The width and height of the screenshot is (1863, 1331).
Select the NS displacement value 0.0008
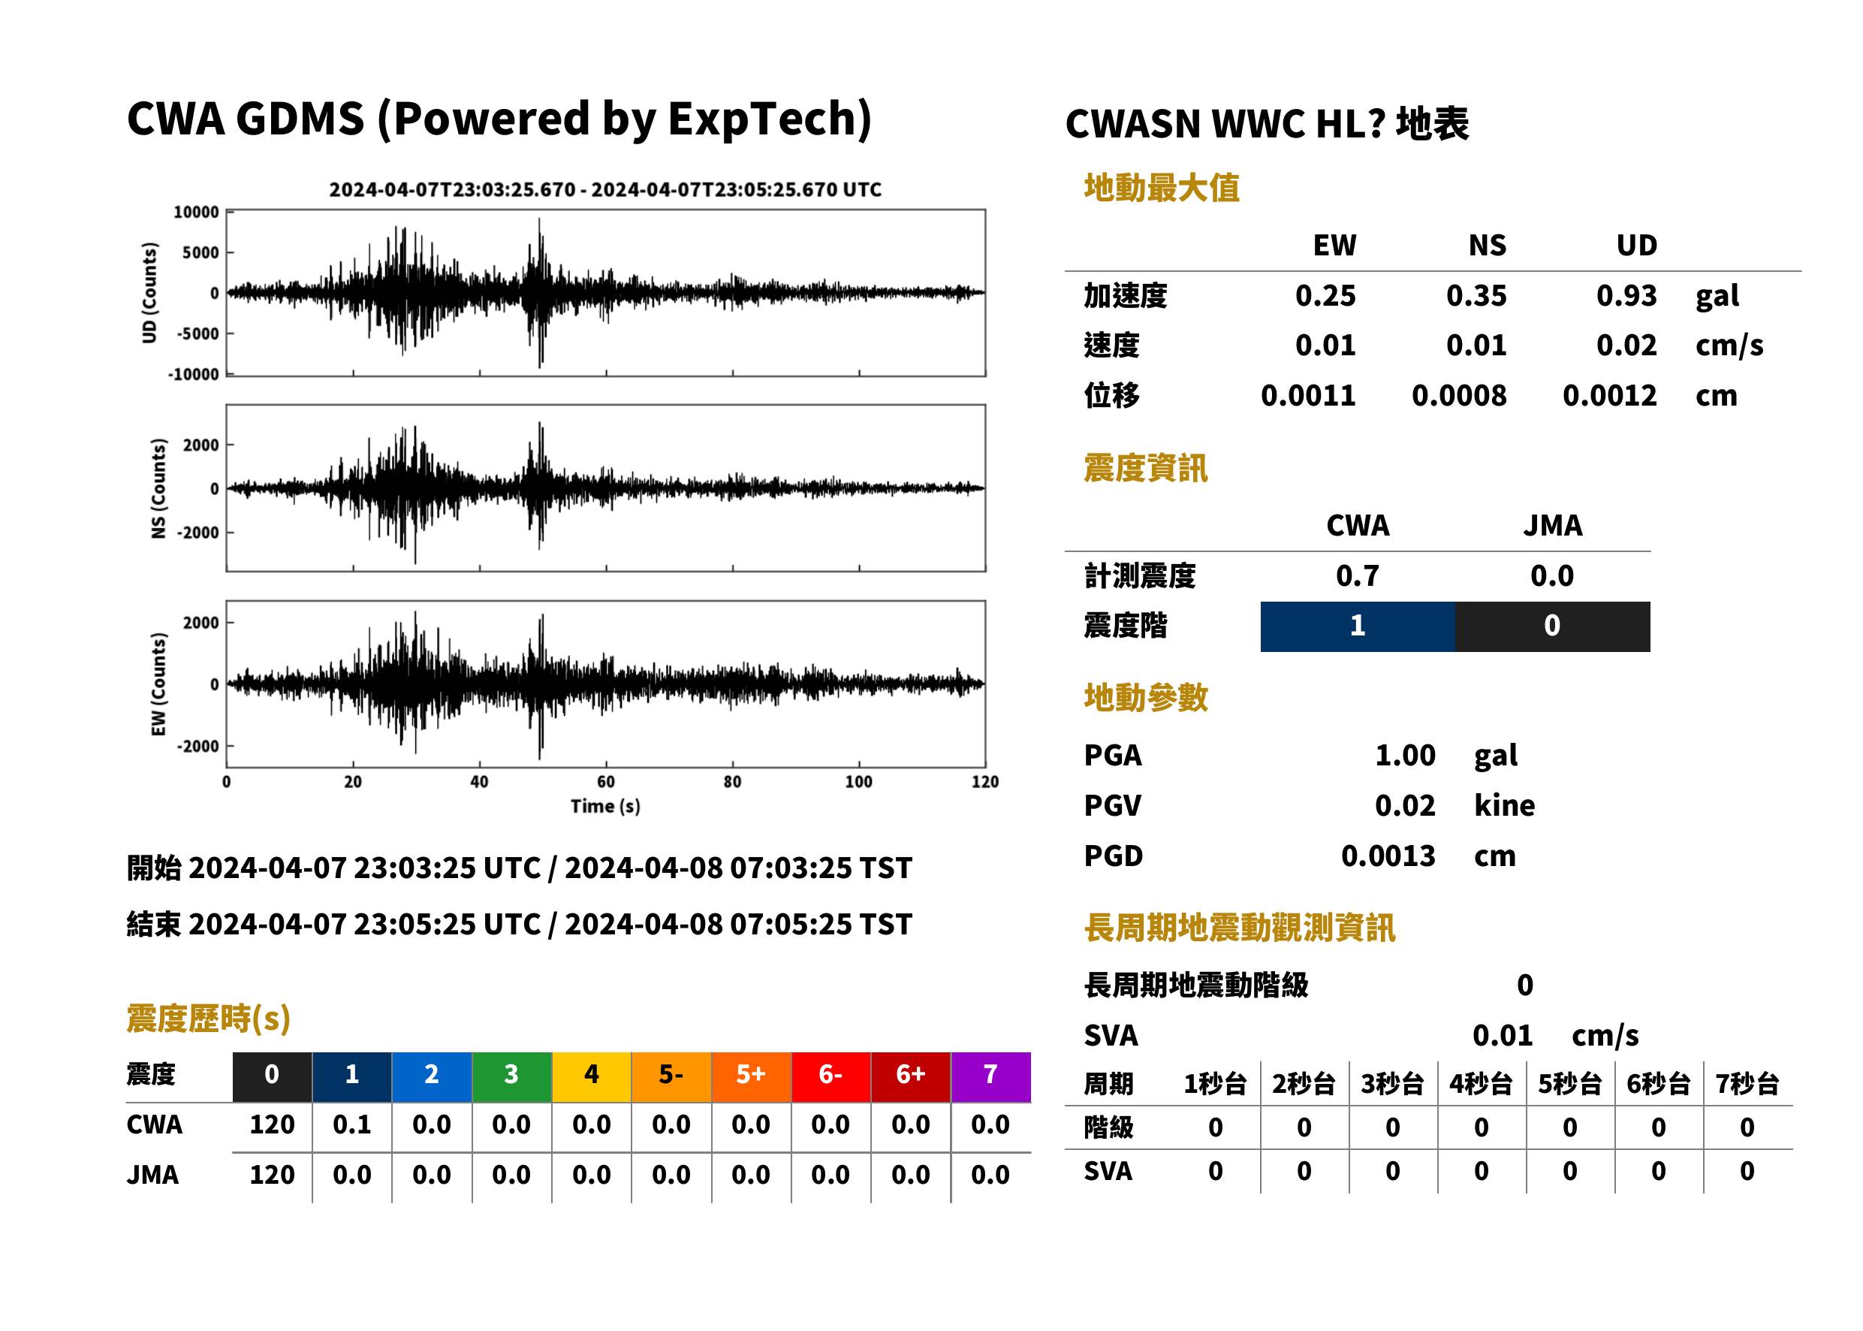click(x=1458, y=395)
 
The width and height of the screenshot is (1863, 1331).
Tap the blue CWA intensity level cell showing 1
click(x=1357, y=626)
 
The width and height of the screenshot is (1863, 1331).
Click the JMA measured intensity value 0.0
click(x=1551, y=575)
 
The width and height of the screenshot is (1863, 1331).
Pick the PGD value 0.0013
click(x=1388, y=856)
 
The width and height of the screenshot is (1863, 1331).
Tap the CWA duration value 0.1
click(x=351, y=1124)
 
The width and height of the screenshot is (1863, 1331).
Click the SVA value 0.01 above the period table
click(x=1502, y=1035)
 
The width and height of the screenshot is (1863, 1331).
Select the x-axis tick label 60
click(x=605, y=782)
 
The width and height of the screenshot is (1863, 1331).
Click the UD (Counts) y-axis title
click(x=149, y=293)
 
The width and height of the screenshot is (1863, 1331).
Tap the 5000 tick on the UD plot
click(x=200, y=252)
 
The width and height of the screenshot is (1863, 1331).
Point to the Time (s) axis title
click(x=605, y=807)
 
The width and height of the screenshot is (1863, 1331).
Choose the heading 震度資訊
click(x=1145, y=468)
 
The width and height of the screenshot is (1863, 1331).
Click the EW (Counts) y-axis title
click(x=158, y=684)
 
